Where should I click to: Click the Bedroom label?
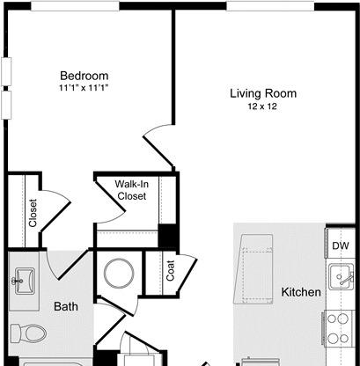[x=84, y=76]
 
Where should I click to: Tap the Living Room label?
[x=263, y=93]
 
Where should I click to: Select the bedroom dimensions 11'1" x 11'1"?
[x=84, y=88]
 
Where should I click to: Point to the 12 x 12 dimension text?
[x=262, y=106]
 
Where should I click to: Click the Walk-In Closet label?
[x=132, y=190]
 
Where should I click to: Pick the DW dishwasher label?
[x=341, y=245]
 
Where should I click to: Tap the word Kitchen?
[x=301, y=292]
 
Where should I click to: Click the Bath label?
[x=66, y=307]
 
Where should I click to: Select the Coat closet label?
[x=171, y=270]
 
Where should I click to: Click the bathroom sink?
[x=25, y=282]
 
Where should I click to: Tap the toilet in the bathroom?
[x=29, y=333]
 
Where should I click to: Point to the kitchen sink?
[x=341, y=276]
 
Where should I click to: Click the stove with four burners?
[x=338, y=328]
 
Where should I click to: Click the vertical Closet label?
[x=33, y=213]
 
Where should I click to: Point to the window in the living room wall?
[x=270, y=6]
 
